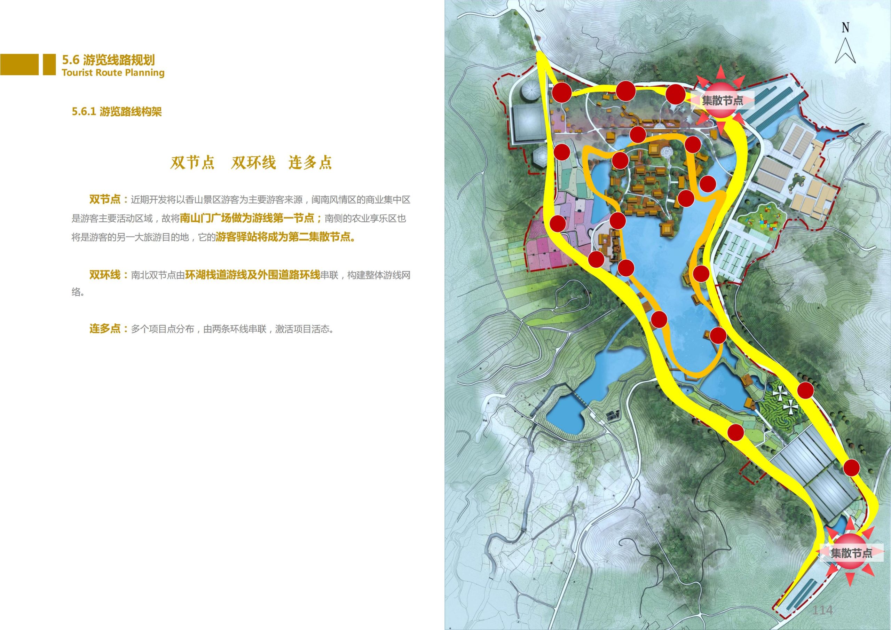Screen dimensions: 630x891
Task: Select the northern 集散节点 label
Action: coord(722,101)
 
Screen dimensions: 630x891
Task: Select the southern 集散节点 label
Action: coord(851,553)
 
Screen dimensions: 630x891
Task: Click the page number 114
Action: coord(822,610)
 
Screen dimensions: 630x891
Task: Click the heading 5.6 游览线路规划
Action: coord(108,60)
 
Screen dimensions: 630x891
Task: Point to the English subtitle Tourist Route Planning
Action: coord(113,73)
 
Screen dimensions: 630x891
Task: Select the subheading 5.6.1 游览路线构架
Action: coord(116,112)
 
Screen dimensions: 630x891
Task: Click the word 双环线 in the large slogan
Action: coord(253,163)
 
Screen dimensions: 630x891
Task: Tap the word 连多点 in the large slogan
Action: coord(310,163)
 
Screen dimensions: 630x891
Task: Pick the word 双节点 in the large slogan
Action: coord(192,163)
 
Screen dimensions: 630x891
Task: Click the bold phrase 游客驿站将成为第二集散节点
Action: coord(285,237)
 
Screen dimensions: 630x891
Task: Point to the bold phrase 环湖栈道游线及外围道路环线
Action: coord(252,275)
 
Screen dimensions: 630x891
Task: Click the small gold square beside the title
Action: coord(49,64)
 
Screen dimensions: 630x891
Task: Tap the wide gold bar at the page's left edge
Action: coord(19,64)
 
